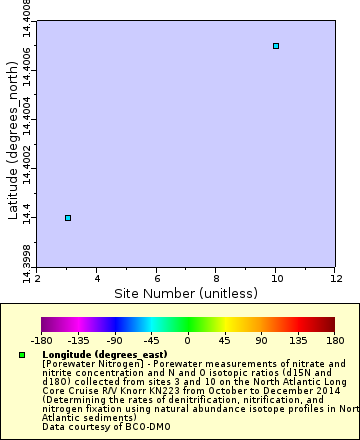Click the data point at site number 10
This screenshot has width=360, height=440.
point(276,46)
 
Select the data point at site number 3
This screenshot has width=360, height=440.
point(68,217)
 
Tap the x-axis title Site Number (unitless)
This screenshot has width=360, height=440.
point(185,293)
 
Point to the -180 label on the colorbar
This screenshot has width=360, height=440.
point(41,340)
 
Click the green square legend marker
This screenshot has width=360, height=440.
point(21,355)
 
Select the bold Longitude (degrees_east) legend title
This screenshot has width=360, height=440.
point(96,355)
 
